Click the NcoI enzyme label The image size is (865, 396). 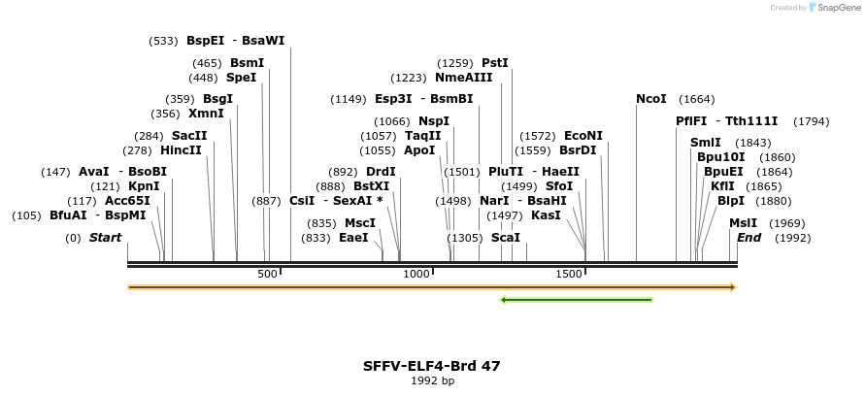(x=651, y=99)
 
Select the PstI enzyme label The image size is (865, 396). (x=495, y=63)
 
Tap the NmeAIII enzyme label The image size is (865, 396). (x=464, y=78)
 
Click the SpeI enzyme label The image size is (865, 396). (x=241, y=78)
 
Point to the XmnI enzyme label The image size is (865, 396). (x=206, y=114)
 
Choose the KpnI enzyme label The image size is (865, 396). (x=144, y=186)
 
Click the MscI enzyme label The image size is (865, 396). (x=360, y=223)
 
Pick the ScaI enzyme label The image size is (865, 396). (x=506, y=238)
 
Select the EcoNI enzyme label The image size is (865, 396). (x=583, y=136)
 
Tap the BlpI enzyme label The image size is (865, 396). (x=731, y=201)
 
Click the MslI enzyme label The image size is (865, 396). (x=743, y=223)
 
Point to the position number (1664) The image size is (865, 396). (x=697, y=99)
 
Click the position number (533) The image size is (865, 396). (x=163, y=41)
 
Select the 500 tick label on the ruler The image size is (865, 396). (x=267, y=275)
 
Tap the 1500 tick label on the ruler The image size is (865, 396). (x=569, y=275)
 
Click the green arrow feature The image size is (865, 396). (x=576, y=300)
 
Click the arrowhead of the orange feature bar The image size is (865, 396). (x=733, y=287)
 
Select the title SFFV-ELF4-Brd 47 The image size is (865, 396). (x=432, y=366)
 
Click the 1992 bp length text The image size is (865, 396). (x=432, y=380)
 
